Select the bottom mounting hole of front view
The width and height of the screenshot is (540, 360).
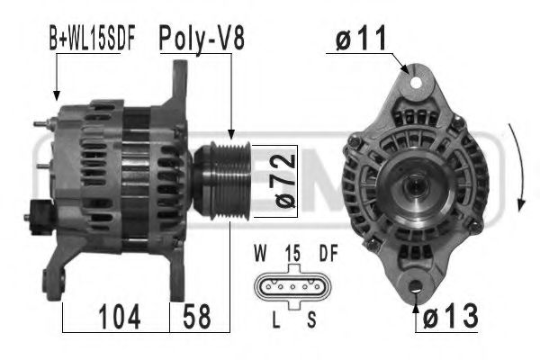(415, 290)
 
